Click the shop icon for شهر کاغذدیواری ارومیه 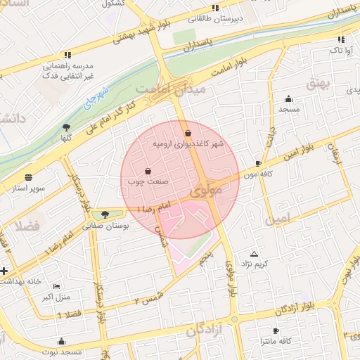click(x=187, y=134)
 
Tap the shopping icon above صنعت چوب click(x=148, y=171)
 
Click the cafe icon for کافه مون click(x=259, y=163)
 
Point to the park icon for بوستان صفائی click(x=105, y=214)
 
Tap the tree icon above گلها click(x=67, y=127)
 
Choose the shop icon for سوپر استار click(x=28, y=178)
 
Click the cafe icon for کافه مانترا click(x=276, y=330)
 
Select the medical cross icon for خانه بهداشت click(x=5, y=271)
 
